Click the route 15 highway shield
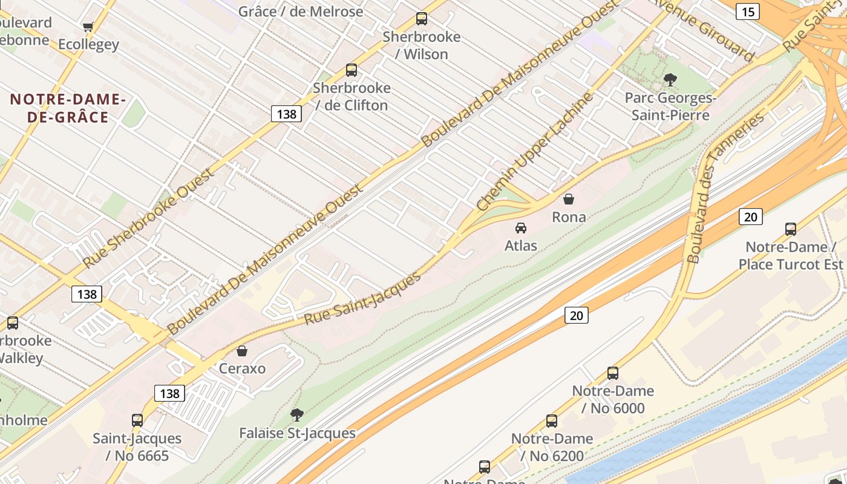(x=748, y=11)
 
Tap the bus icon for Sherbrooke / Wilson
(x=422, y=19)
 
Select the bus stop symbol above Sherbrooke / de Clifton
(x=351, y=70)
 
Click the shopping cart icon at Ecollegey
(x=88, y=27)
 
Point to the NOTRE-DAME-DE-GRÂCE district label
(x=68, y=108)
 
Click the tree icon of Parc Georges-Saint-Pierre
(x=670, y=79)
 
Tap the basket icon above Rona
(x=569, y=198)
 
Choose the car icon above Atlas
(x=520, y=228)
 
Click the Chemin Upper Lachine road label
(x=535, y=152)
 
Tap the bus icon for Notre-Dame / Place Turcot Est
(x=790, y=229)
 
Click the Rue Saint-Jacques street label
(x=362, y=298)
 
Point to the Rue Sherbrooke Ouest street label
(x=149, y=218)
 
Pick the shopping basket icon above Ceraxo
(x=242, y=351)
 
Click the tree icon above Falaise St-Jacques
(x=296, y=415)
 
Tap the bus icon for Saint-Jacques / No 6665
(x=137, y=420)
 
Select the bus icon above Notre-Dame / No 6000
(x=613, y=373)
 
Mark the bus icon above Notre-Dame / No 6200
(x=551, y=420)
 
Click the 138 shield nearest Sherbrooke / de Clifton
(x=286, y=114)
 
